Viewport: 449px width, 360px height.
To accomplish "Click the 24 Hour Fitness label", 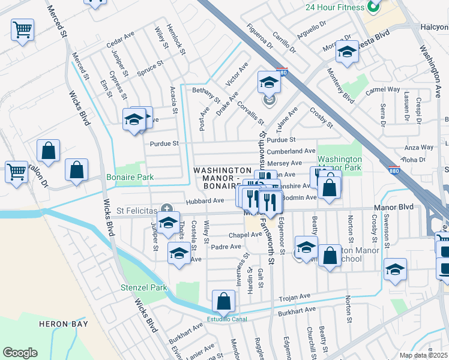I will point(334,7).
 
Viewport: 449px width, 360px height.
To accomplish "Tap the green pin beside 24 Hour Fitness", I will point(373,7).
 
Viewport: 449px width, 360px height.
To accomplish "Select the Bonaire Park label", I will point(130,177).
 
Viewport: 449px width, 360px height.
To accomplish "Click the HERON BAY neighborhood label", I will point(64,324).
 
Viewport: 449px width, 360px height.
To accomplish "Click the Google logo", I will point(20,353).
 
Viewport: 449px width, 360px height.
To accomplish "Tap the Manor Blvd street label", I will point(394,207).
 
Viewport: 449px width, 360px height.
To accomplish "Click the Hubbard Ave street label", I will point(204,202).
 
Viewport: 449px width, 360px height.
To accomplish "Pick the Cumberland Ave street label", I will point(291,152).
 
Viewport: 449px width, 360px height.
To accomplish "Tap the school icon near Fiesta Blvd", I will point(347,52).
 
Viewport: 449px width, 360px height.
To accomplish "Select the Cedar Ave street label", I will point(119,41).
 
